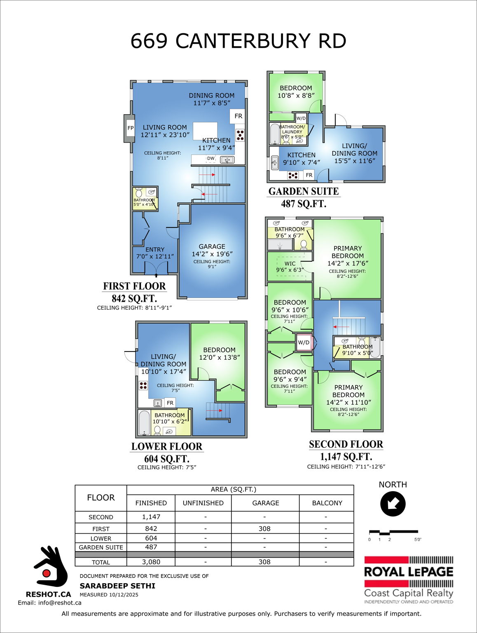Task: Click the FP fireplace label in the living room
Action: click(x=131, y=128)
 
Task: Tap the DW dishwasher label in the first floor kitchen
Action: click(x=211, y=158)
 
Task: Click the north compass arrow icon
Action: click(x=393, y=504)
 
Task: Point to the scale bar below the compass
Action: click(x=393, y=532)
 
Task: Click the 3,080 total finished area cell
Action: click(x=151, y=562)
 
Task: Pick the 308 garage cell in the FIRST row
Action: click(x=264, y=529)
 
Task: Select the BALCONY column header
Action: click(x=327, y=503)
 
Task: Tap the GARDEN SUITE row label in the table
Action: click(x=101, y=547)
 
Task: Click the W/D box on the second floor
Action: click(x=304, y=342)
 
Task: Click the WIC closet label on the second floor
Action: click(x=290, y=264)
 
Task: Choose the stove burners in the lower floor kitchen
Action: click(x=143, y=386)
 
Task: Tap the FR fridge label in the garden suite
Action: click(x=309, y=175)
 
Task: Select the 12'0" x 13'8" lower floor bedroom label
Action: click(x=219, y=354)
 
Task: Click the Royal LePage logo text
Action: click(x=408, y=572)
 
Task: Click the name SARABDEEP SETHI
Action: click(x=117, y=586)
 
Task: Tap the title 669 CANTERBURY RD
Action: click(x=238, y=41)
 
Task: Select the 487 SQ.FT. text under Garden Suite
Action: click(x=304, y=204)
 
